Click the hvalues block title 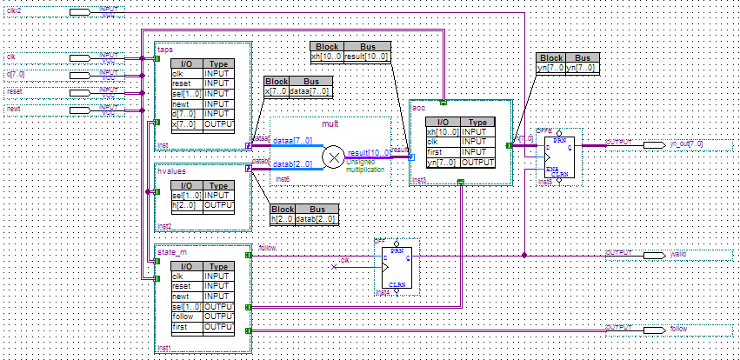click(171, 171)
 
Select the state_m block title click(171, 253)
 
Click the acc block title click(420, 107)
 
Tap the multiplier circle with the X click(333, 157)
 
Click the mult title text click(330, 124)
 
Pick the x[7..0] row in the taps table click(186, 123)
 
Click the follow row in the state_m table click(186, 317)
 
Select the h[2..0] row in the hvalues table click(186, 205)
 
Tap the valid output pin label click(678, 256)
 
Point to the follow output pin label click(678, 330)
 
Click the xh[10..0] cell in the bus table click(327, 57)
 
